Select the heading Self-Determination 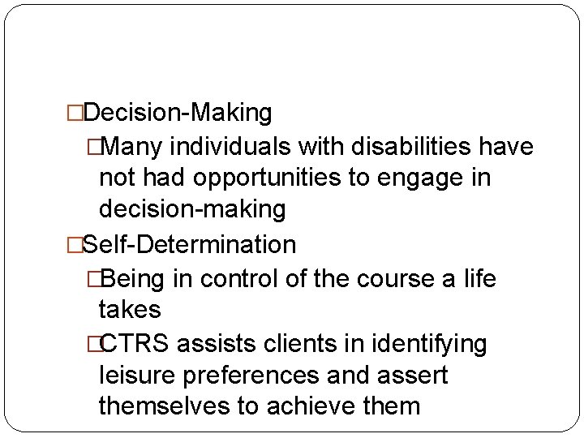coord(189,243)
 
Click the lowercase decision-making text coord(192,210)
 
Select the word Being coord(133,278)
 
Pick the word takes coord(130,309)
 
